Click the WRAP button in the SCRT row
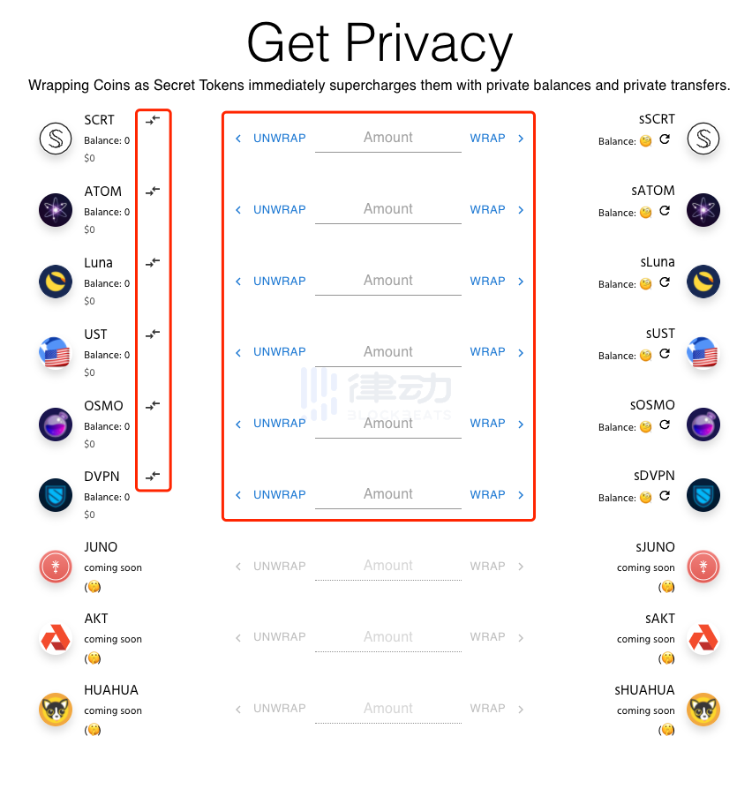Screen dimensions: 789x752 487,139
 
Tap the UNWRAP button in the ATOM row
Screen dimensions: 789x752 279,210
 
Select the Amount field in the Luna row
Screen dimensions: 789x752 387,281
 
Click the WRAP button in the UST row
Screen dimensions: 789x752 487,352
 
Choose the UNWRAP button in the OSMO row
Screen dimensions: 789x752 279,424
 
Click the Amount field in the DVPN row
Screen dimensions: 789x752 387,495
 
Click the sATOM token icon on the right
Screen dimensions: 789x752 703,210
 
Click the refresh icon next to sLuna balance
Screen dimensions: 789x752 665,282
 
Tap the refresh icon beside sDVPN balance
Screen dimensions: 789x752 665,496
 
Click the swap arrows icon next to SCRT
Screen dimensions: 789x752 153,119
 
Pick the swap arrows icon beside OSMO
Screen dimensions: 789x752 153,405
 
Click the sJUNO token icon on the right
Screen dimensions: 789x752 703,567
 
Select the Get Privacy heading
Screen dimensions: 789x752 380,42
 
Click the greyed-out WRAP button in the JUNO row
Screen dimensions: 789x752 487,567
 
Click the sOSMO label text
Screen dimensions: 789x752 653,405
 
